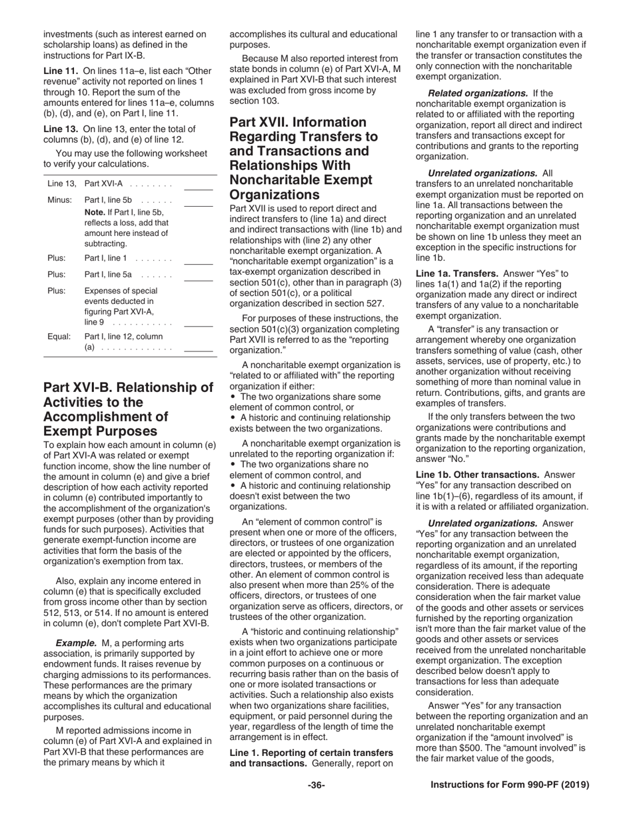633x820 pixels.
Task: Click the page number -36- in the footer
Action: point(316,785)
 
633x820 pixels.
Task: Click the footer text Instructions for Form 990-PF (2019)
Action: point(510,785)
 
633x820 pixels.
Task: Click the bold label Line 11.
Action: point(61,70)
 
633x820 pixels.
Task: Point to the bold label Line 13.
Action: point(61,129)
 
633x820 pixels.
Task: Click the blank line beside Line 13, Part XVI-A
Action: point(198,187)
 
